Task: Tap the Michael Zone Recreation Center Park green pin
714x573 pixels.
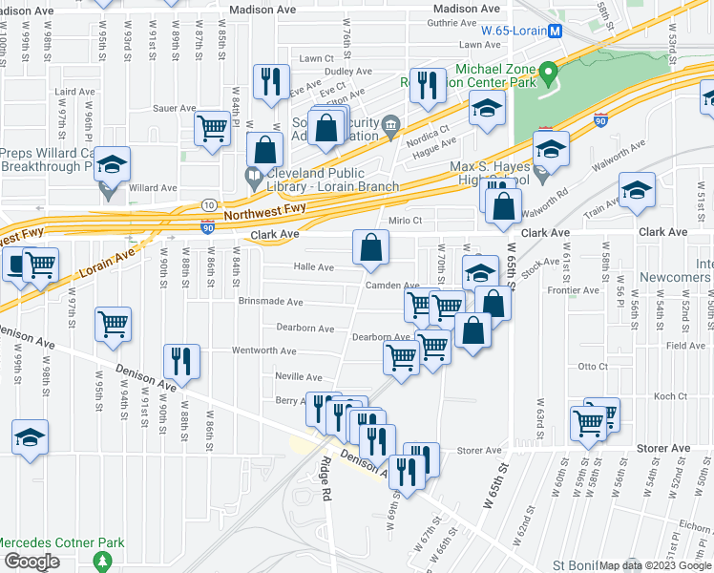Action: click(548, 73)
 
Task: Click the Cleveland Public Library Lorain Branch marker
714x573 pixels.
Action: click(253, 177)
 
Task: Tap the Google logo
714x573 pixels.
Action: click(31, 562)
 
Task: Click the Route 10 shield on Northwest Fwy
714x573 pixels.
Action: click(208, 205)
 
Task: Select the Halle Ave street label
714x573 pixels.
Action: click(313, 267)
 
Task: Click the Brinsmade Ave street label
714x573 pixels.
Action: click(271, 302)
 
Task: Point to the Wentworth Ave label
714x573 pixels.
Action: click(263, 351)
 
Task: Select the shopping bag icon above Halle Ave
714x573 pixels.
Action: click(370, 247)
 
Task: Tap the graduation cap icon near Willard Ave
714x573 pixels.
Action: click(112, 165)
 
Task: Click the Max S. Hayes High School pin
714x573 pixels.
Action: click(542, 175)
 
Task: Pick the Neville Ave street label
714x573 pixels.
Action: click(299, 377)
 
